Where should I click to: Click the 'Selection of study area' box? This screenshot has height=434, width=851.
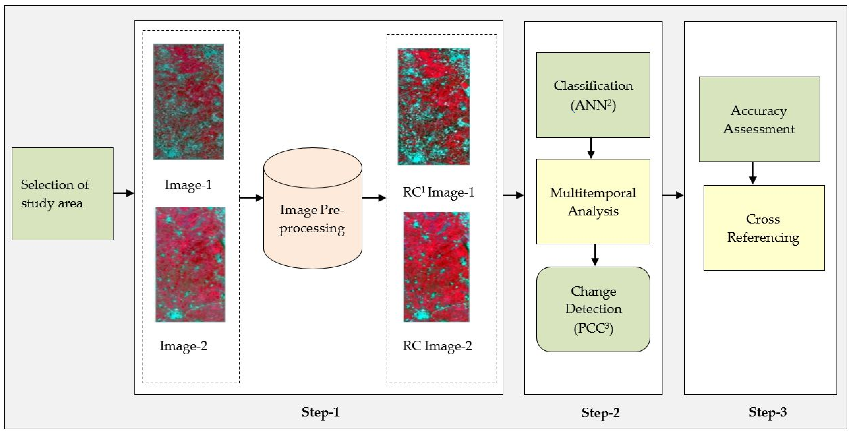[62, 194]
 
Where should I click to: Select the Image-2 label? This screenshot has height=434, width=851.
[183, 346]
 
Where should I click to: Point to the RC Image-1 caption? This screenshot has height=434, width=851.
[438, 192]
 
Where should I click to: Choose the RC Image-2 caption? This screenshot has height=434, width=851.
[437, 346]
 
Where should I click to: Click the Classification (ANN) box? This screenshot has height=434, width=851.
[593, 95]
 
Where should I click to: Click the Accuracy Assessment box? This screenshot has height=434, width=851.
[759, 119]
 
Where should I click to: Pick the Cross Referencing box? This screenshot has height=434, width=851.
[764, 228]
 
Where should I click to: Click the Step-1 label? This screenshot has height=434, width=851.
[320, 412]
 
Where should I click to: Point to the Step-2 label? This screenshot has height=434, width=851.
[600, 413]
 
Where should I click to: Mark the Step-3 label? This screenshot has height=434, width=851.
[767, 412]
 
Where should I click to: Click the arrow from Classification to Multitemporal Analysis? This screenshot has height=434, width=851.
[591, 148]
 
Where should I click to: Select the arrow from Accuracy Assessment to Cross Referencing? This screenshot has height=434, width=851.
[753, 173]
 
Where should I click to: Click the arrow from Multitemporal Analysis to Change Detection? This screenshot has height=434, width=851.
[595, 255]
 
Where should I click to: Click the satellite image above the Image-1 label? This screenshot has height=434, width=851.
[188, 102]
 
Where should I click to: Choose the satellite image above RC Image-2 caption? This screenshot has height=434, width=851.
[436, 267]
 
